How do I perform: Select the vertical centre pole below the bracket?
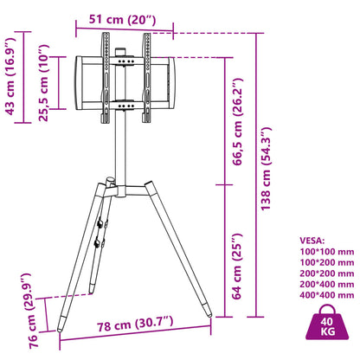[x=122, y=147]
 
